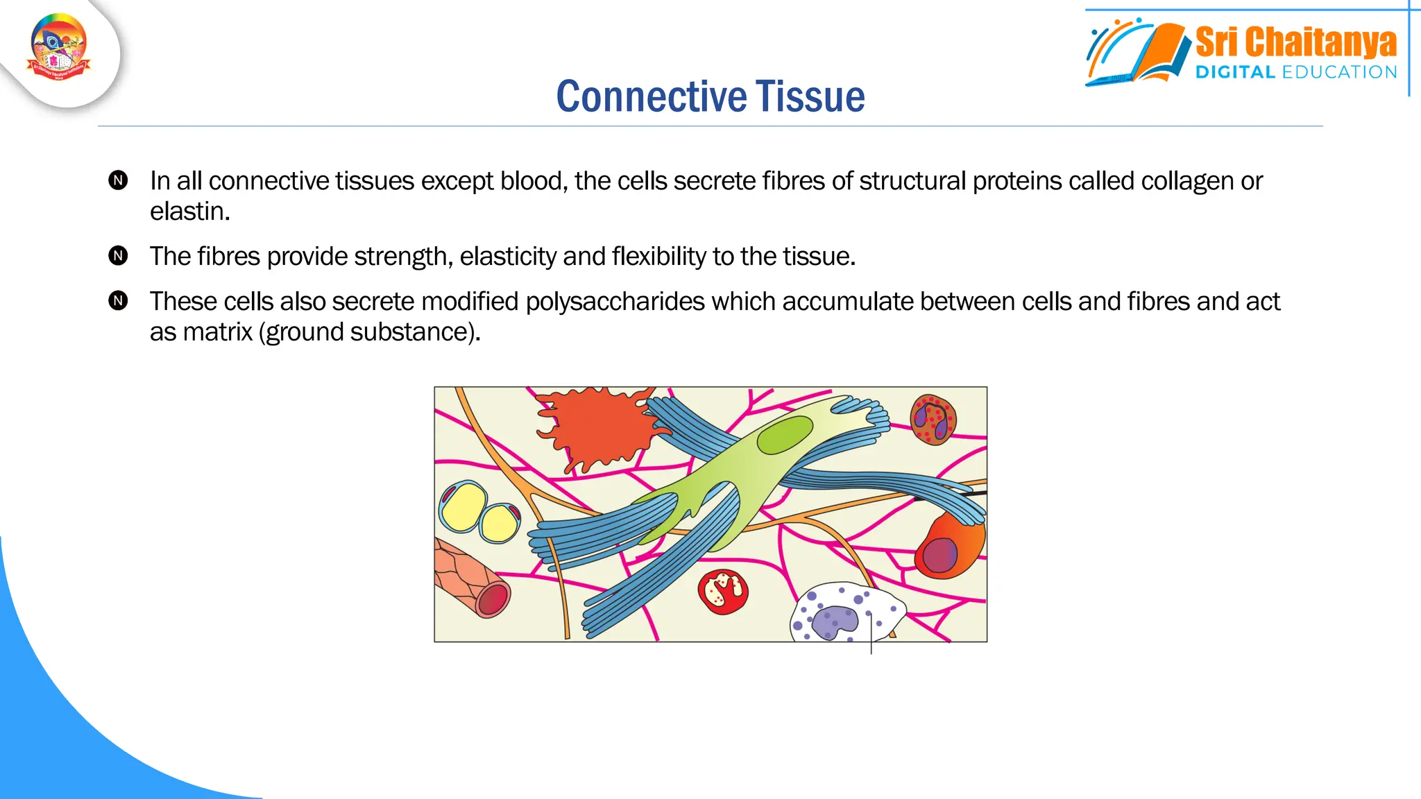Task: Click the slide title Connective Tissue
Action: (710, 96)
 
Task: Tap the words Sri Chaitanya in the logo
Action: (1295, 43)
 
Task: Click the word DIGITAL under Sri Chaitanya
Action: (1235, 72)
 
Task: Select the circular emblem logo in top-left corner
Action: (59, 47)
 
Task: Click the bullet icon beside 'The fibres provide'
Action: (119, 256)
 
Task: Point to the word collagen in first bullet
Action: (1187, 181)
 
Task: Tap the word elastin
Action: (188, 212)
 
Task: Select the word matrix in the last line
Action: (217, 332)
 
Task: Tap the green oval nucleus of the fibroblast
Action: (784, 435)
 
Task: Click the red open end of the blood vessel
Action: (493, 600)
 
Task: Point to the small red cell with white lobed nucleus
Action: (723, 592)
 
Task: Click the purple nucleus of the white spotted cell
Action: (835, 621)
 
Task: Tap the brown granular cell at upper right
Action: (933, 419)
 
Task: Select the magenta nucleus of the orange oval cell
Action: (939, 556)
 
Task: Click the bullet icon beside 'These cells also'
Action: (119, 301)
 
